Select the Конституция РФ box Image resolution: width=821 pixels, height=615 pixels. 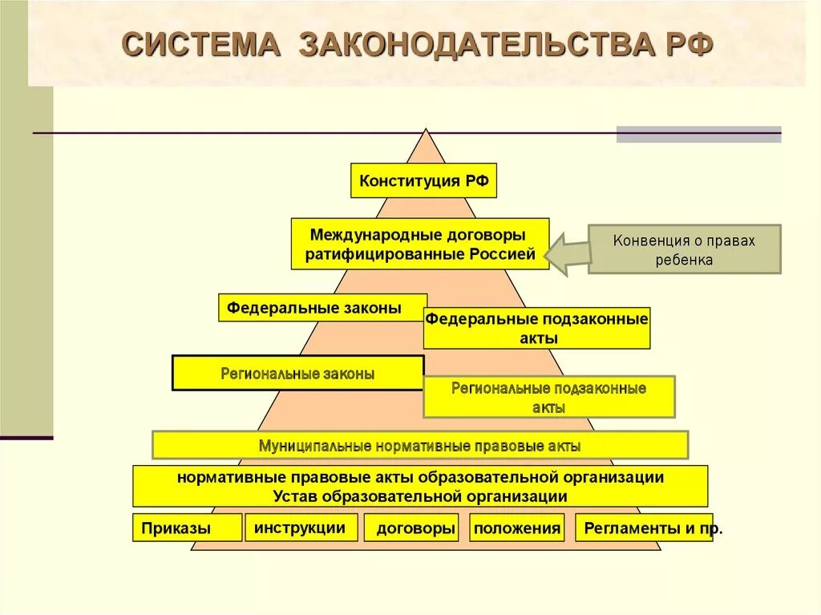pos(424,180)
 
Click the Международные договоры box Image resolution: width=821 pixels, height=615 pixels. pos(419,244)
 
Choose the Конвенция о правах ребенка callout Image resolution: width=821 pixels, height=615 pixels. pos(684,249)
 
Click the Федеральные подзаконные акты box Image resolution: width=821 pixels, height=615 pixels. pos(536,328)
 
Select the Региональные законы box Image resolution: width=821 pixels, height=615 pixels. pos(297,373)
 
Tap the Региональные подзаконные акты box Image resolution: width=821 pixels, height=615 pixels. pos(548,397)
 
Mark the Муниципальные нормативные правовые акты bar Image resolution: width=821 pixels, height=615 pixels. pos(420,445)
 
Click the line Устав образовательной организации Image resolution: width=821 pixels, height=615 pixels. pos(420,496)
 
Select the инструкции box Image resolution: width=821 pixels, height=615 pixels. pos(301,528)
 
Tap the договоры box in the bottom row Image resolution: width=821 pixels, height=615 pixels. pos(410,528)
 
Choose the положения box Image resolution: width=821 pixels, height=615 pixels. pos(516,528)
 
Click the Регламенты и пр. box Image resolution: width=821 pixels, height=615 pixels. pos(643,528)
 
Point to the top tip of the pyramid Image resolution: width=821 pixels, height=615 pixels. pos(427,131)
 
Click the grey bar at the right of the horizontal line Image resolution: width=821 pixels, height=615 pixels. pos(698,134)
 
